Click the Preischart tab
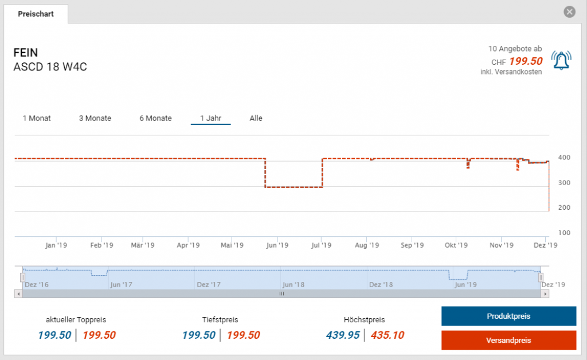pyautogui.click(x=36, y=14)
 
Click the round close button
pyautogui.click(x=569, y=12)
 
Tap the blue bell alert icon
pyautogui.click(x=561, y=60)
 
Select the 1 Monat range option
pyautogui.click(x=37, y=118)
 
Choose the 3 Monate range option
pyautogui.click(x=95, y=118)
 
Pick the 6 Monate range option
pyautogui.click(x=155, y=118)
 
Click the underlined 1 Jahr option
pyautogui.click(x=210, y=118)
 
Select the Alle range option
pyautogui.click(x=256, y=118)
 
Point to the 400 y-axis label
pyautogui.click(x=564, y=158)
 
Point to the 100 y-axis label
pyautogui.click(x=564, y=233)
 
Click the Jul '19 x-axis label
pyautogui.click(x=321, y=245)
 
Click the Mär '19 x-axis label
pyautogui.click(x=143, y=245)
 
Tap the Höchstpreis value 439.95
pyautogui.click(x=343, y=335)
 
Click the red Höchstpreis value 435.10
pyautogui.click(x=388, y=335)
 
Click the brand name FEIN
pyautogui.click(x=26, y=53)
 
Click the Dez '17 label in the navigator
pyautogui.click(x=209, y=284)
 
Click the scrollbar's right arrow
pyautogui.click(x=545, y=294)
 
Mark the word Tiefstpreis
pyautogui.click(x=220, y=320)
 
